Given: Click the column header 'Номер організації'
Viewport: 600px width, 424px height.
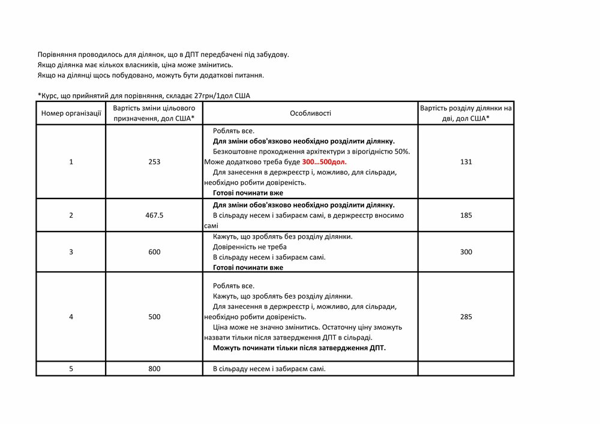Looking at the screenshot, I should pos(71,113).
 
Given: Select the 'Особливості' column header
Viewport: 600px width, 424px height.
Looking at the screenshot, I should pos(310,113).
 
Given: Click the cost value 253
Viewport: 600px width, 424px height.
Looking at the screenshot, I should pos(154,162).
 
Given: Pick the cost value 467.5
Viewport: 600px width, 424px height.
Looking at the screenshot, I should pos(154,215).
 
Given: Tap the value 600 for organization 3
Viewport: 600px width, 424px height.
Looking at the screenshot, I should pos(154,252).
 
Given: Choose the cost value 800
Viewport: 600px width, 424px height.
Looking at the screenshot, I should pos(154,369).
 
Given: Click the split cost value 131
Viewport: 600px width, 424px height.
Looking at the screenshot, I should pos(466,162).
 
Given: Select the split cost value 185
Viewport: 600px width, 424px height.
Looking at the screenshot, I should pos(466,215).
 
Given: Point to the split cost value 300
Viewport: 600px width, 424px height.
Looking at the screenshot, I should pos(466,252).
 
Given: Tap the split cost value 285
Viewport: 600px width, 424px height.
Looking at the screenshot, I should pos(466,317).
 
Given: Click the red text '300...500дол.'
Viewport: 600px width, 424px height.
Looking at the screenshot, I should pos(325,162).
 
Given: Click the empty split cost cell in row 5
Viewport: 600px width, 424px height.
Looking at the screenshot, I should pos(466,369).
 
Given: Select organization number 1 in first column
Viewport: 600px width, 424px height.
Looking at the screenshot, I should pos(71,162).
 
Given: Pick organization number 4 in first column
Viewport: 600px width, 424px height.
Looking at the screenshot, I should pos(71,317).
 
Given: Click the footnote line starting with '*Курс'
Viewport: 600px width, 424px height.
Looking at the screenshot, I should pos(143,96).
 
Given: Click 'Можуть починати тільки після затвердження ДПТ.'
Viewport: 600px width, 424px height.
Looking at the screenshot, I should pos(299,348).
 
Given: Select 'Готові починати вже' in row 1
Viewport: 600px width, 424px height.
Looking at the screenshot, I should pos(248,193).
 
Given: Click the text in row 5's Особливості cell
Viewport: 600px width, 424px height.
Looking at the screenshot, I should pos(269,369).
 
